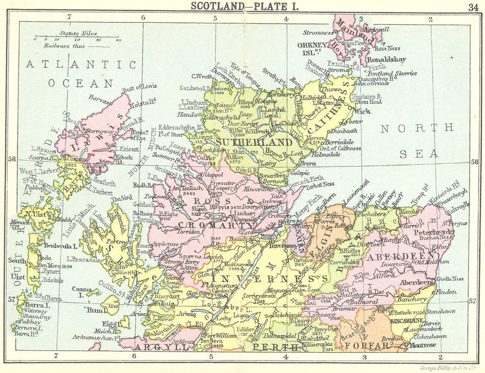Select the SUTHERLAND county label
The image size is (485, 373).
(255, 142)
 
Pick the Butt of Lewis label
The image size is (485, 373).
(140, 87)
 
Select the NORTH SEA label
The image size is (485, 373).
(417, 141)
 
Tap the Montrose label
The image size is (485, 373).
(423, 345)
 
